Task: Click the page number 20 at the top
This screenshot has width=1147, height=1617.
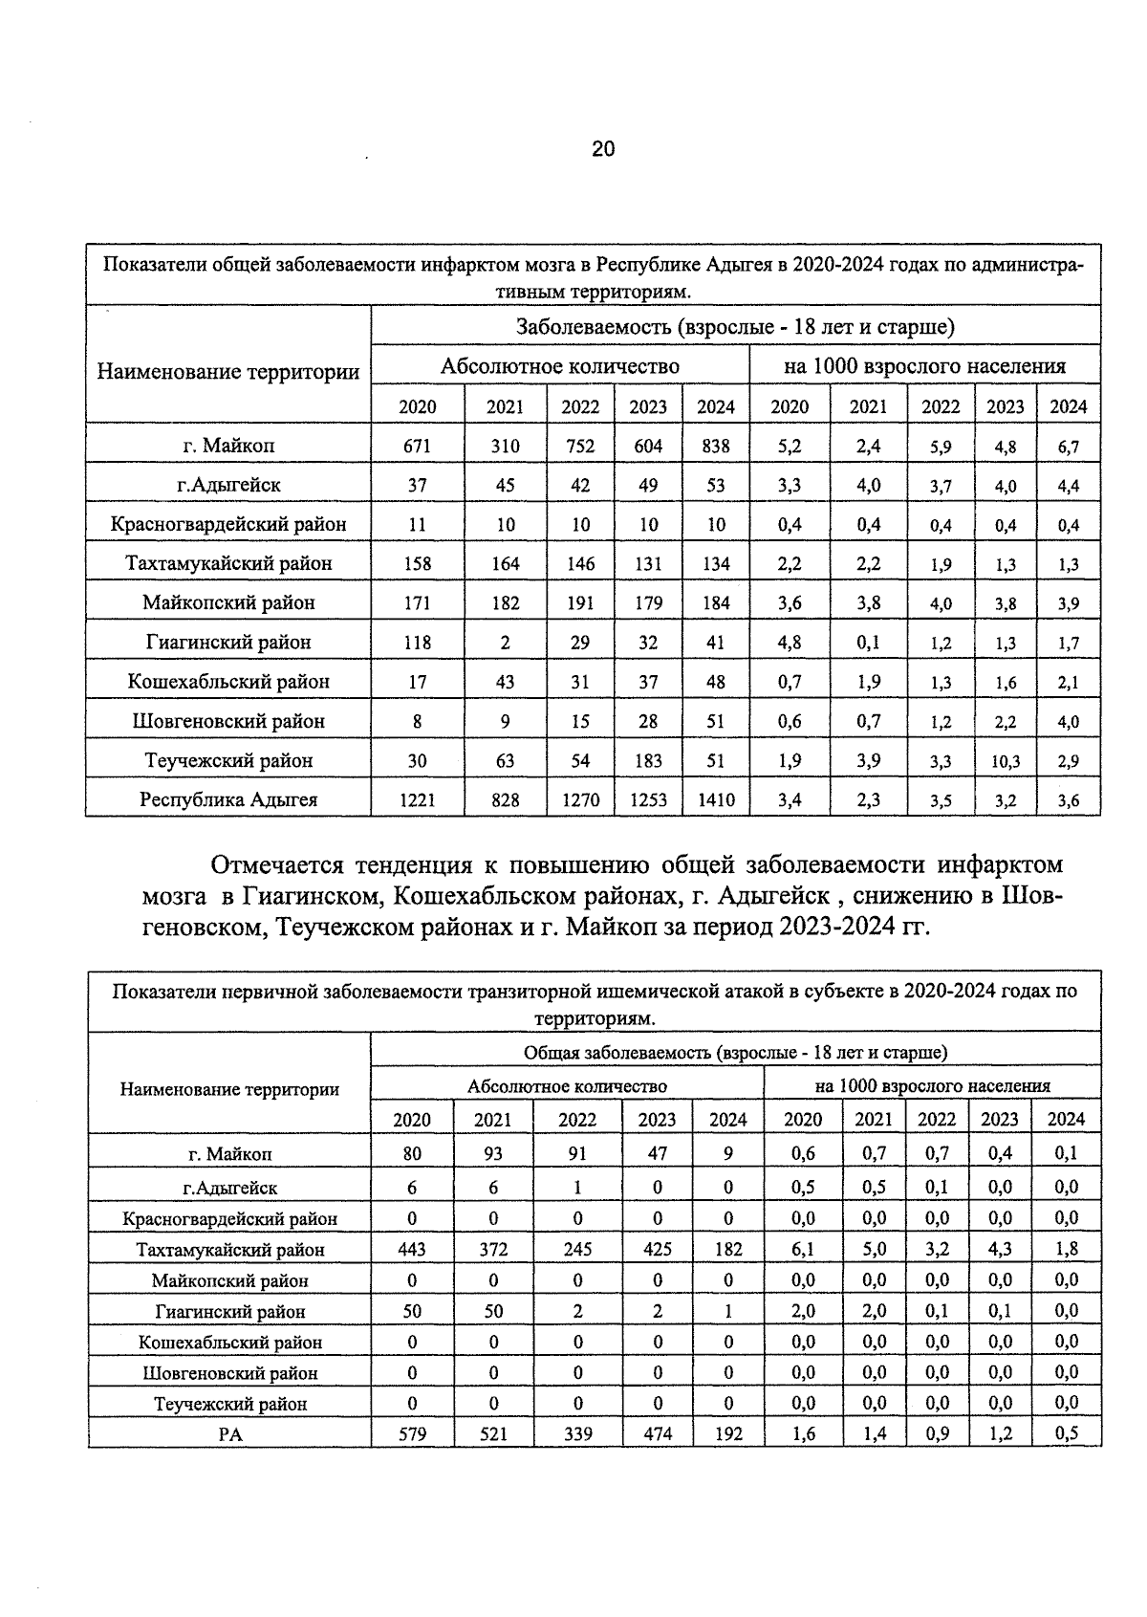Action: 603,149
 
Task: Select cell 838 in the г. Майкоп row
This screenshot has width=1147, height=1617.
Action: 716,446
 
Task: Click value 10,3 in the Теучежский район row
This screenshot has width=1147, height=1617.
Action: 1006,762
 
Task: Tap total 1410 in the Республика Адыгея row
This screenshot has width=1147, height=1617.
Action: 716,799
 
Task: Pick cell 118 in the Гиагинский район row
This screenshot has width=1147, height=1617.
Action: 417,643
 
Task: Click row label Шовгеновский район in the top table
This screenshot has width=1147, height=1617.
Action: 228,721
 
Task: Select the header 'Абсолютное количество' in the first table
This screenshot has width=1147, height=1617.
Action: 559,366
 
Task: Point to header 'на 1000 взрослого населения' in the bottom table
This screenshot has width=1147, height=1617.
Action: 932,1086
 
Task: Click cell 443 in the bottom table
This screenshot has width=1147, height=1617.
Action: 412,1249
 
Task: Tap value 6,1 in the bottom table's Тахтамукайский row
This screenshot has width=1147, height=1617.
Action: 803,1249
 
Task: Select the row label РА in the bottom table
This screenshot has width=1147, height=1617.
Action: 229,1434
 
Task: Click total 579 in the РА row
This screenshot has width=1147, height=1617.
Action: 412,1434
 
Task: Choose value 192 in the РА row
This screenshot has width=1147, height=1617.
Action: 728,1434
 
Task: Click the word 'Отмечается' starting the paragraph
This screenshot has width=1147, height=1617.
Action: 277,865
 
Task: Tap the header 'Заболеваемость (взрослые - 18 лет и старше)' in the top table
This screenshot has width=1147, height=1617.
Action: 735,327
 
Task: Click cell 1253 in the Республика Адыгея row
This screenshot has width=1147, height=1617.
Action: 648,799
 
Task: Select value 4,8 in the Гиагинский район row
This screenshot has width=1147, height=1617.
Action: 789,643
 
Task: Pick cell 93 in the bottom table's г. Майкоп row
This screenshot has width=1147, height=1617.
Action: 493,1154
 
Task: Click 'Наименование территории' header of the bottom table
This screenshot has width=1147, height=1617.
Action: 229,1089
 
